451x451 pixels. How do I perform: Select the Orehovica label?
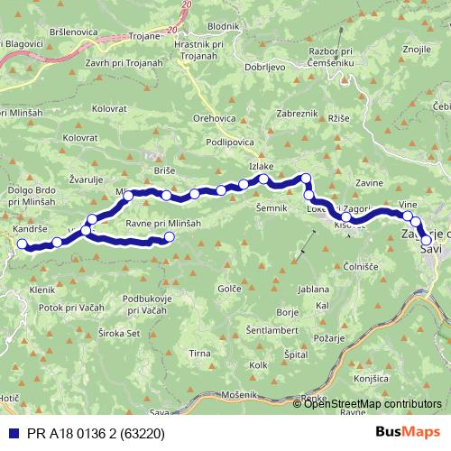214,117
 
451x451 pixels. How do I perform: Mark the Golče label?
229,289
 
